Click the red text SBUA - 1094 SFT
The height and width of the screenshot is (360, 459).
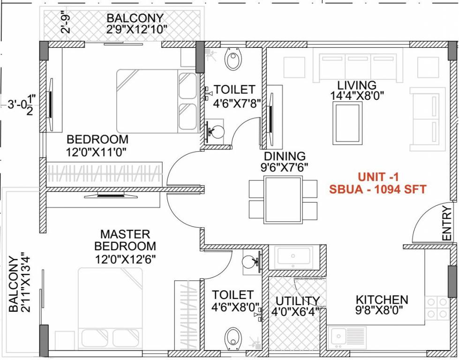[x=377, y=189]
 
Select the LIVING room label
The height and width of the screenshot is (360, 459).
[x=357, y=85]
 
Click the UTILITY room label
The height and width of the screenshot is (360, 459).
[x=297, y=300]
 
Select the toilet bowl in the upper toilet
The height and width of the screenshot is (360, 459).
[x=233, y=60]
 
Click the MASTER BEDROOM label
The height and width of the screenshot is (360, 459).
[x=125, y=240]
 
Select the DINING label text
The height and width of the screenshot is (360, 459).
[x=285, y=156]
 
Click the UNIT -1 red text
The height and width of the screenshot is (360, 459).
[x=377, y=177]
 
